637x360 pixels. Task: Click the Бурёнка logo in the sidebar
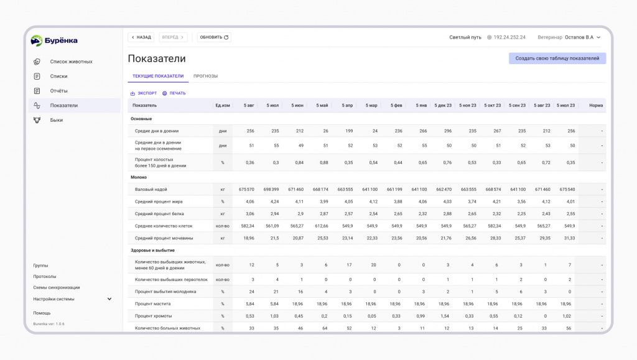pyautogui.click(x=54, y=40)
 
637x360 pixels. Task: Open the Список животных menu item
pyautogui.click(x=71, y=62)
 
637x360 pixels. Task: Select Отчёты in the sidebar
pyautogui.click(x=58, y=91)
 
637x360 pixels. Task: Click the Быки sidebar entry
pyautogui.click(x=57, y=120)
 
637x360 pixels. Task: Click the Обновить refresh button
pyautogui.click(x=214, y=37)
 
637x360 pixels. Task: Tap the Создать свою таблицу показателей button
pyautogui.click(x=557, y=58)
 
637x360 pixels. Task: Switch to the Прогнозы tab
pyautogui.click(x=205, y=76)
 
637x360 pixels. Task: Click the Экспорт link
pyautogui.click(x=144, y=93)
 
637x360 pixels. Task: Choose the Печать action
pyautogui.click(x=174, y=93)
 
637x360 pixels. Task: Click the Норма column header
pyautogui.click(x=596, y=106)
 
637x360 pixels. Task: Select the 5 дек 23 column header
pyautogui.click(x=443, y=106)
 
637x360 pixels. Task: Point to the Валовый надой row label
pyautogui.click(x=151, y=190)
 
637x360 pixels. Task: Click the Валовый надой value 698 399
pyautogui.click(x=271, y=190)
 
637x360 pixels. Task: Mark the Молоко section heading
pyautogui.click(x=139, y=177)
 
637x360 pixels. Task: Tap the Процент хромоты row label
pyautogui.click(x=153, y=316)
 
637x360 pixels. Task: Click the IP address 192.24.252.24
pyautogui.click(x=509, y=37)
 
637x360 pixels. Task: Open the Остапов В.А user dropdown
pyautogui.click(x=582, y=37)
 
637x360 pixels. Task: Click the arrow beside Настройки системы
pyautogui.click(x=109, y=299)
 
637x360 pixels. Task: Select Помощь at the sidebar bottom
pyautogui.click(x=42, y=313)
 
